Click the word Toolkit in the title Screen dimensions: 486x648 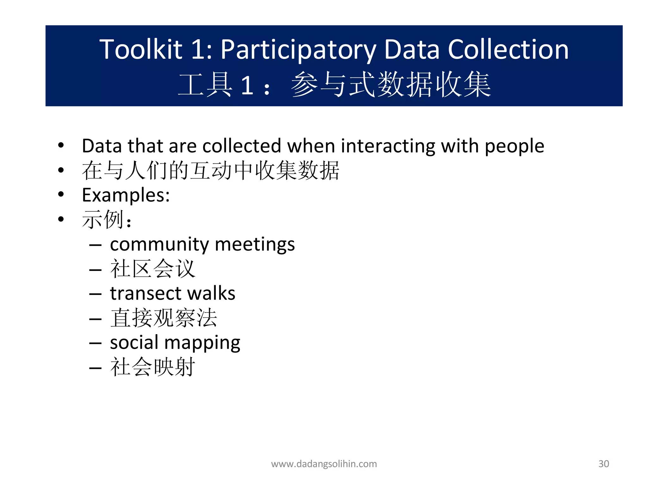click(x=141, y=49)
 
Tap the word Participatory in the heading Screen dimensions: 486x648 click(x=298, y=50)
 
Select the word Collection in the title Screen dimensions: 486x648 click(x=508, y=49)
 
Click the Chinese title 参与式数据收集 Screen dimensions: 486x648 click(x=390, y=84)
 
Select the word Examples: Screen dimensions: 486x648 click(x=126, y=195)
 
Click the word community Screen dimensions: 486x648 click(x=159, y=245)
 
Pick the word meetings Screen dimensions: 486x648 click(x=255, y=245)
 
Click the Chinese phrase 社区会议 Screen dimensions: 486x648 click(x=153, y=269)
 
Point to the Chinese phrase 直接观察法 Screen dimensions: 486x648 click(x=164, y=318)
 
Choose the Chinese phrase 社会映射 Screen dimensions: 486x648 click(x=153, y=367)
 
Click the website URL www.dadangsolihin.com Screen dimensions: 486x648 click(x=324, y=464)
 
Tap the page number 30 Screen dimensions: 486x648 click(x=604, y=464)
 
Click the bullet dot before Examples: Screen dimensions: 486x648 click(x=61, y=194)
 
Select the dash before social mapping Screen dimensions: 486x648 click(x=95, y=343)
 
